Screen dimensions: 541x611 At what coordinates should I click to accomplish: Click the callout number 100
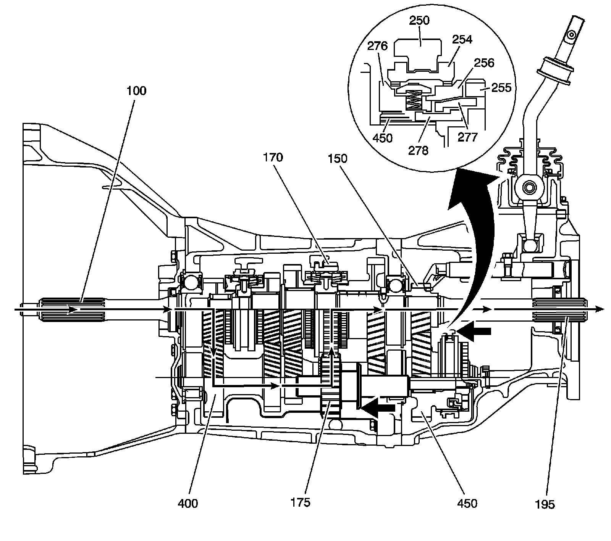(137, 91)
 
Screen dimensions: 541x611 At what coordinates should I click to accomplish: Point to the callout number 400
(188, 504)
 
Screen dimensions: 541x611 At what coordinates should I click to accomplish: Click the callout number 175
(300, 502)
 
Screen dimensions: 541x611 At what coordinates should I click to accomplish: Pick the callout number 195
(545, 504)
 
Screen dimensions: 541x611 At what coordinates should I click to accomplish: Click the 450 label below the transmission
(467, 504)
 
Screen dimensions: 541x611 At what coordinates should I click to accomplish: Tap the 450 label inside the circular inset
(382, 137)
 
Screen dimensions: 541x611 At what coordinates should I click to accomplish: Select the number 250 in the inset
(419, 20)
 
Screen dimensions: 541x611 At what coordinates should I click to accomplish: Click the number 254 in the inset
(462, 39)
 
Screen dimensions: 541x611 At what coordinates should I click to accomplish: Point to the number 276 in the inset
(377, 46)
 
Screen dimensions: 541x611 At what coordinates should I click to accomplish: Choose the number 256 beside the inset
(484, 63)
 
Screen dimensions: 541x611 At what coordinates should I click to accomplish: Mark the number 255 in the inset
(501, 88)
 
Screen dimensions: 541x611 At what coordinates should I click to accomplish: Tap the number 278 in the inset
(418, 150)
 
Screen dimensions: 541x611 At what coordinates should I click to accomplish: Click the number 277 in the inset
(468, 137)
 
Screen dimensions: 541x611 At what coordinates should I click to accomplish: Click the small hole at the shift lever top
(571, 35)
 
